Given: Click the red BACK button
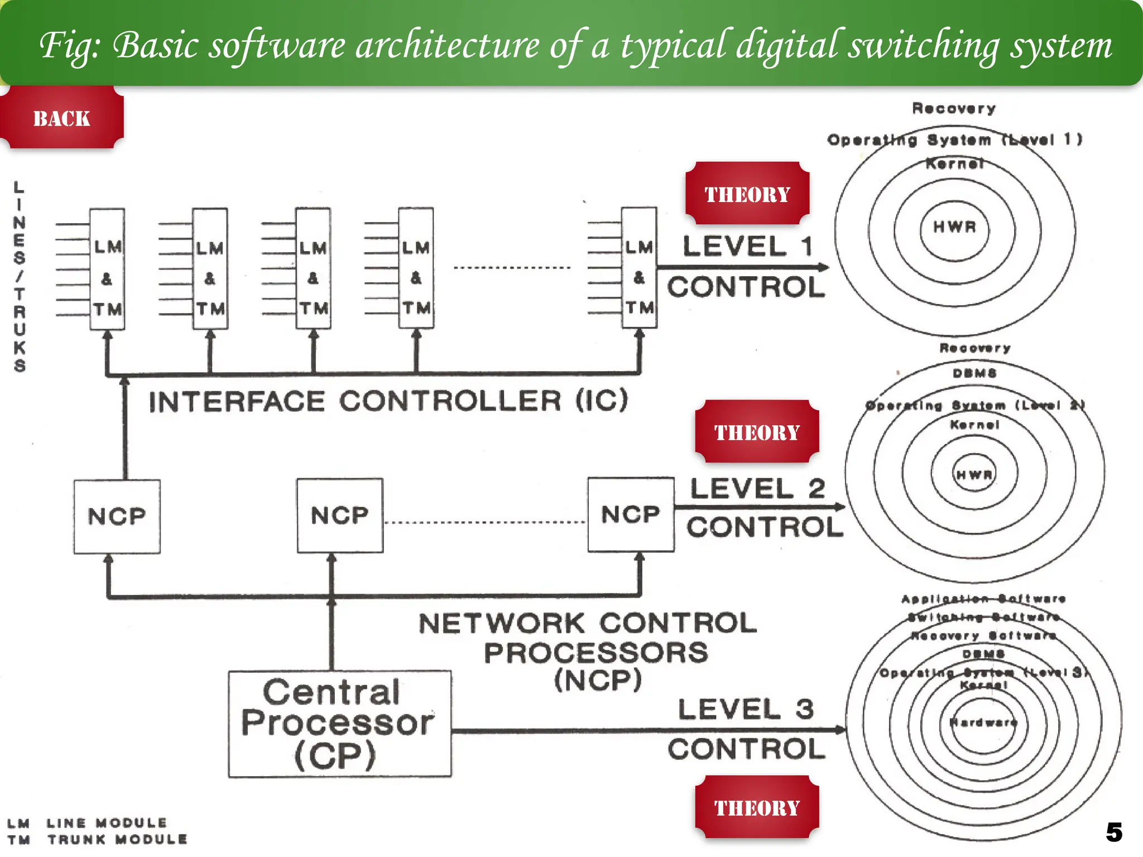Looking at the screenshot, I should (x=61, y=118).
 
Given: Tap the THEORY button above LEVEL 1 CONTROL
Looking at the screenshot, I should (x=747, y=194).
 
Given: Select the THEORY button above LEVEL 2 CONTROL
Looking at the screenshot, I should (x=757, y=432).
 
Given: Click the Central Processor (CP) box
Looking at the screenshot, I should (x=339, y=724).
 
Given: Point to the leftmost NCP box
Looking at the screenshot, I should (x=117, y=516).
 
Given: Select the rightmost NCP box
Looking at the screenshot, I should (x=631, y=514).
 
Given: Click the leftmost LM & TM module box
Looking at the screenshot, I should (x=107, y=269).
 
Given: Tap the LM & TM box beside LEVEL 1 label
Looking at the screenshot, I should (x=639, y=268).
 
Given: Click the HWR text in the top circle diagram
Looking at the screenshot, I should (x=955, y=227).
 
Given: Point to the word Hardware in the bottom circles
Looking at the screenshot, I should (x=983, y=722).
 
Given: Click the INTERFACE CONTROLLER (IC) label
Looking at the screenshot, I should (x=388, y=401).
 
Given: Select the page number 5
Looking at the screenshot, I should (x=1114, y=832).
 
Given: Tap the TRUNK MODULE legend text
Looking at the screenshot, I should (x=117, y=839).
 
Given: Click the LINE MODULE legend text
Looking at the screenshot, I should (x=107, y=823).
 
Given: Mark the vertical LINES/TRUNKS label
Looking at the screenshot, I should (x=20, y=276).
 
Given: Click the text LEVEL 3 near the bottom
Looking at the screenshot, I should (x=746, y=709).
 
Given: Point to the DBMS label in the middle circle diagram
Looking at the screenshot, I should (x=974, y=373).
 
